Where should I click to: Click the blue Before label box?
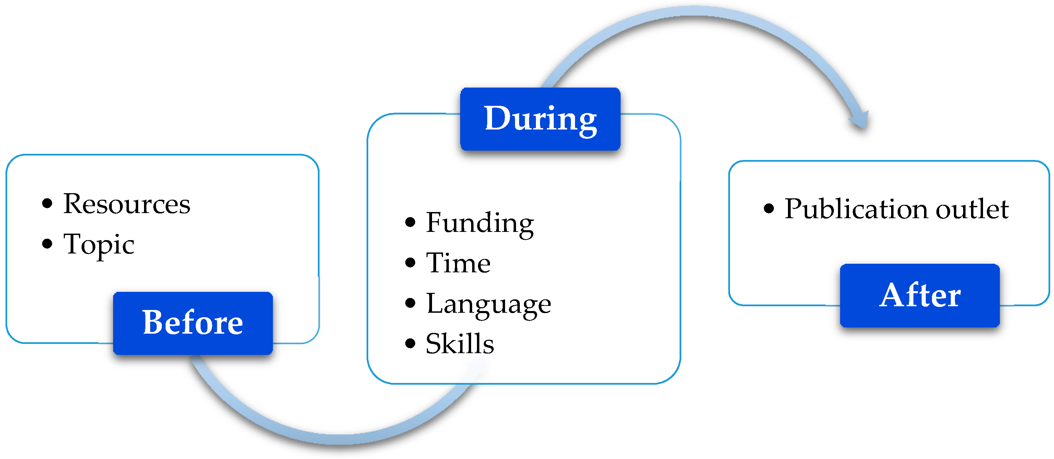(x=193, y=323)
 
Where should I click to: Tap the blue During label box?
(x=540, y=119)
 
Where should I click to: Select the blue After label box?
(x=919, y=295)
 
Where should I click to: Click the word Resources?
(x=127, y=203)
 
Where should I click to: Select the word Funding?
(x=480, y=223)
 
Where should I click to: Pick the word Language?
(x=489, y=304)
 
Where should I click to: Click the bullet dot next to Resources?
(x=47, y=203)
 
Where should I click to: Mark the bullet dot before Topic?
(x=47, y=244)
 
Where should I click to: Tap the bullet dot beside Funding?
(x=410, y=222)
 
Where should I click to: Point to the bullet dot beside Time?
(x=410, y=262)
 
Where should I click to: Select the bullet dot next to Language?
(x=410, y=303)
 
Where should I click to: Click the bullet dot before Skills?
(x=410, y=343)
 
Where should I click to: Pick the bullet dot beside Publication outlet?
(x=769, y=209)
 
